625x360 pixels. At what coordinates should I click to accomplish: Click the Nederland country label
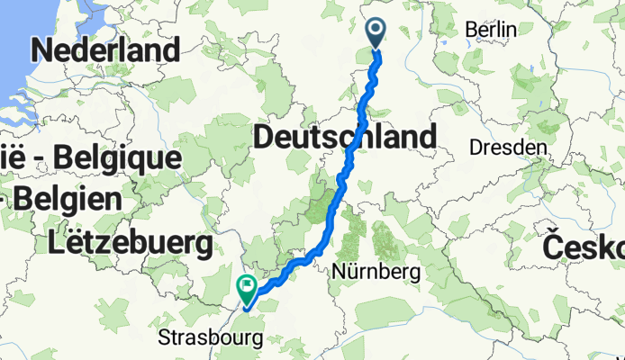(105, 49)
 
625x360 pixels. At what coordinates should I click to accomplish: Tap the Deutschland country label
(345, 138)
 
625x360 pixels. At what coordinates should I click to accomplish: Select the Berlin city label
(491, 30)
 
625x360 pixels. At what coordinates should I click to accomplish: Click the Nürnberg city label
(377, 270)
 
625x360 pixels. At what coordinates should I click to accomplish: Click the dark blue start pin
(376, 33)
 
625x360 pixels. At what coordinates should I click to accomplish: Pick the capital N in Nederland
(42, 49)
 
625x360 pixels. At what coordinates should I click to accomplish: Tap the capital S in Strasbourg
(165, 338)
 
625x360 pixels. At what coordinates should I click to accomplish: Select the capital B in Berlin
(470, 30)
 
